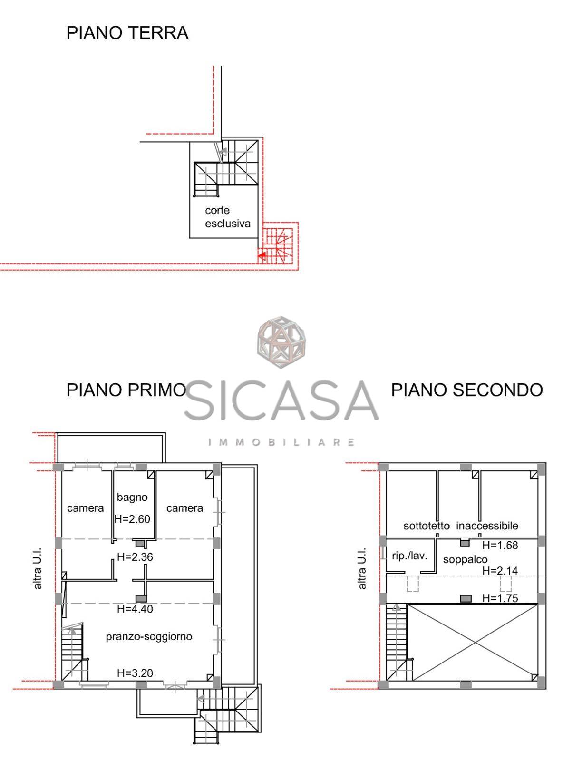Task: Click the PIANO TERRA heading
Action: tap(127, 33)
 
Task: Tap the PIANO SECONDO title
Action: tap(467, 390)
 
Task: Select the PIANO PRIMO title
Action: tap(126, 390)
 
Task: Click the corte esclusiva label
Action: tap(227, 217)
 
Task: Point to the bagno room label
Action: tap(132, 497)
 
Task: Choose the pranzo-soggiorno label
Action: tap(149, 636)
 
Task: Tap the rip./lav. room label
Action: tap(409, 556)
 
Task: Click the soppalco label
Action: tap(465, 559)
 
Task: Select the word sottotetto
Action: tap(427, 526)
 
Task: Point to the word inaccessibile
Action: tap(487, 526)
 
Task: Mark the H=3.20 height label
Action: tap(135, 673)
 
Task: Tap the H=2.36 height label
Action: tap(135, 557)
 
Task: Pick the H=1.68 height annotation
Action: tap(500, 545)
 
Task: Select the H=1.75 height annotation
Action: tap(500, 598)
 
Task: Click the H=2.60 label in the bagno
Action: tap(132, 519)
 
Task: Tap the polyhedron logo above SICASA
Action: tap(281, 341)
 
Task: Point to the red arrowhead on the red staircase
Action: tap(262, 255)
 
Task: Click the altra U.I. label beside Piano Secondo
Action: tap(362, 568)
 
